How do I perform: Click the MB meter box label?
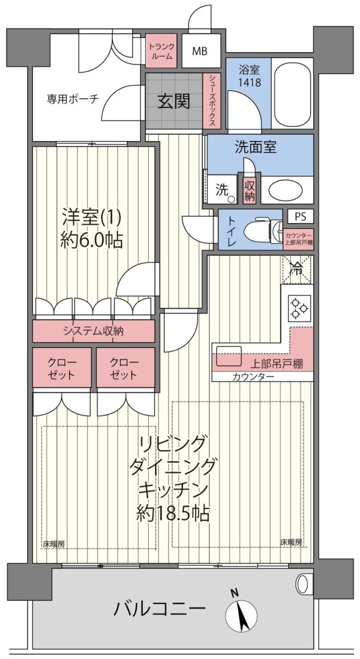pyautogui.click(x=200, y=52)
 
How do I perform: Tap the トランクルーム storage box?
pyautogui.click(x=161, y=51)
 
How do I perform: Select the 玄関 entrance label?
pyautogui.click(x=174, y=101)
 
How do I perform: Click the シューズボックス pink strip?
pyautogui.click(x=212, y=101)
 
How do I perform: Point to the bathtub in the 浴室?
pyautogui.click(x=292, y=93)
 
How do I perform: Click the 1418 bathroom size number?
pyautogui.click(x=249, y=83)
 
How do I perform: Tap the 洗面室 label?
pyautogui.click(x=256, y=147)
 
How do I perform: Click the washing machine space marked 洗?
pyautogui.click(x=222, y=190)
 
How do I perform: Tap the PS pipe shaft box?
pyautogui.click(x=300, y=216)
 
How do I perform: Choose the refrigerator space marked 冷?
pyautogui.click(x=297, y=270)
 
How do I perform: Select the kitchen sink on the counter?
pyautogui.click(x=229, y=356)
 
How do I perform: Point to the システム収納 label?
pyautogui.click(x=94, y=331)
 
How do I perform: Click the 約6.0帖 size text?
pyautogui.click(x=92, y=240)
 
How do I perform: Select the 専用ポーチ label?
pyautogui.click(x=72, y=99)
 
